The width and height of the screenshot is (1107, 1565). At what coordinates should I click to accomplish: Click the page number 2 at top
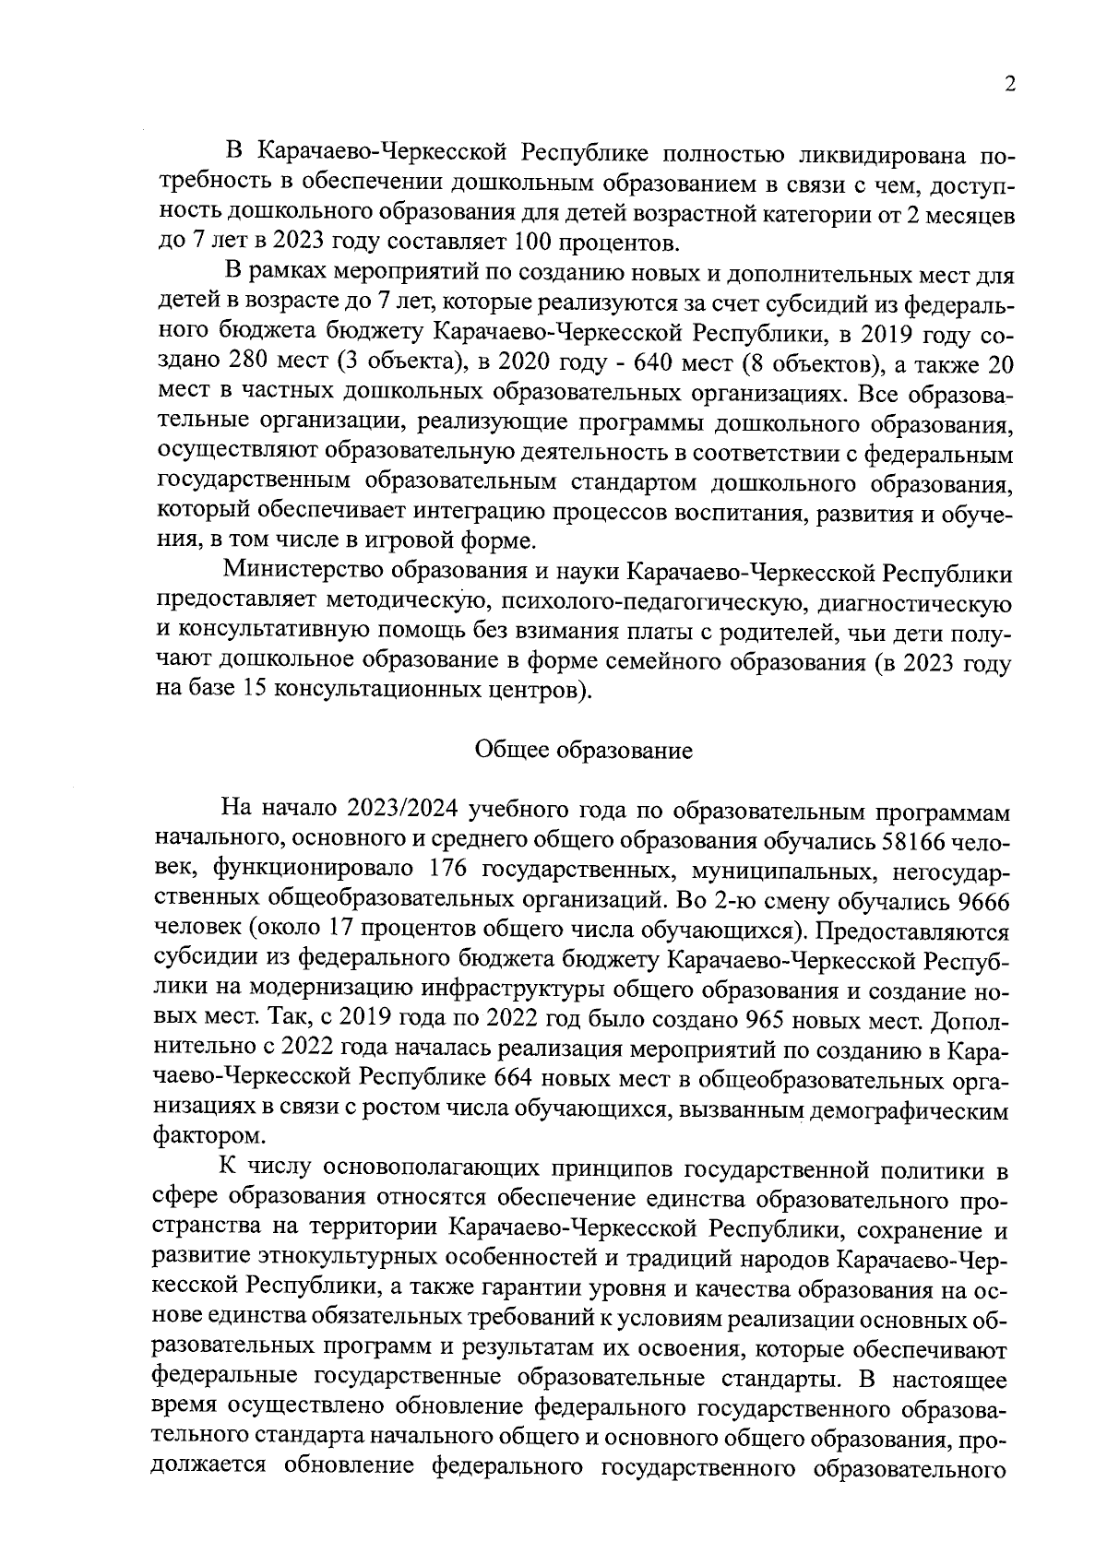click(1010, 85)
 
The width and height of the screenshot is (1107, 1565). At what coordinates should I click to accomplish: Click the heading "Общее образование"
click(583, 750)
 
